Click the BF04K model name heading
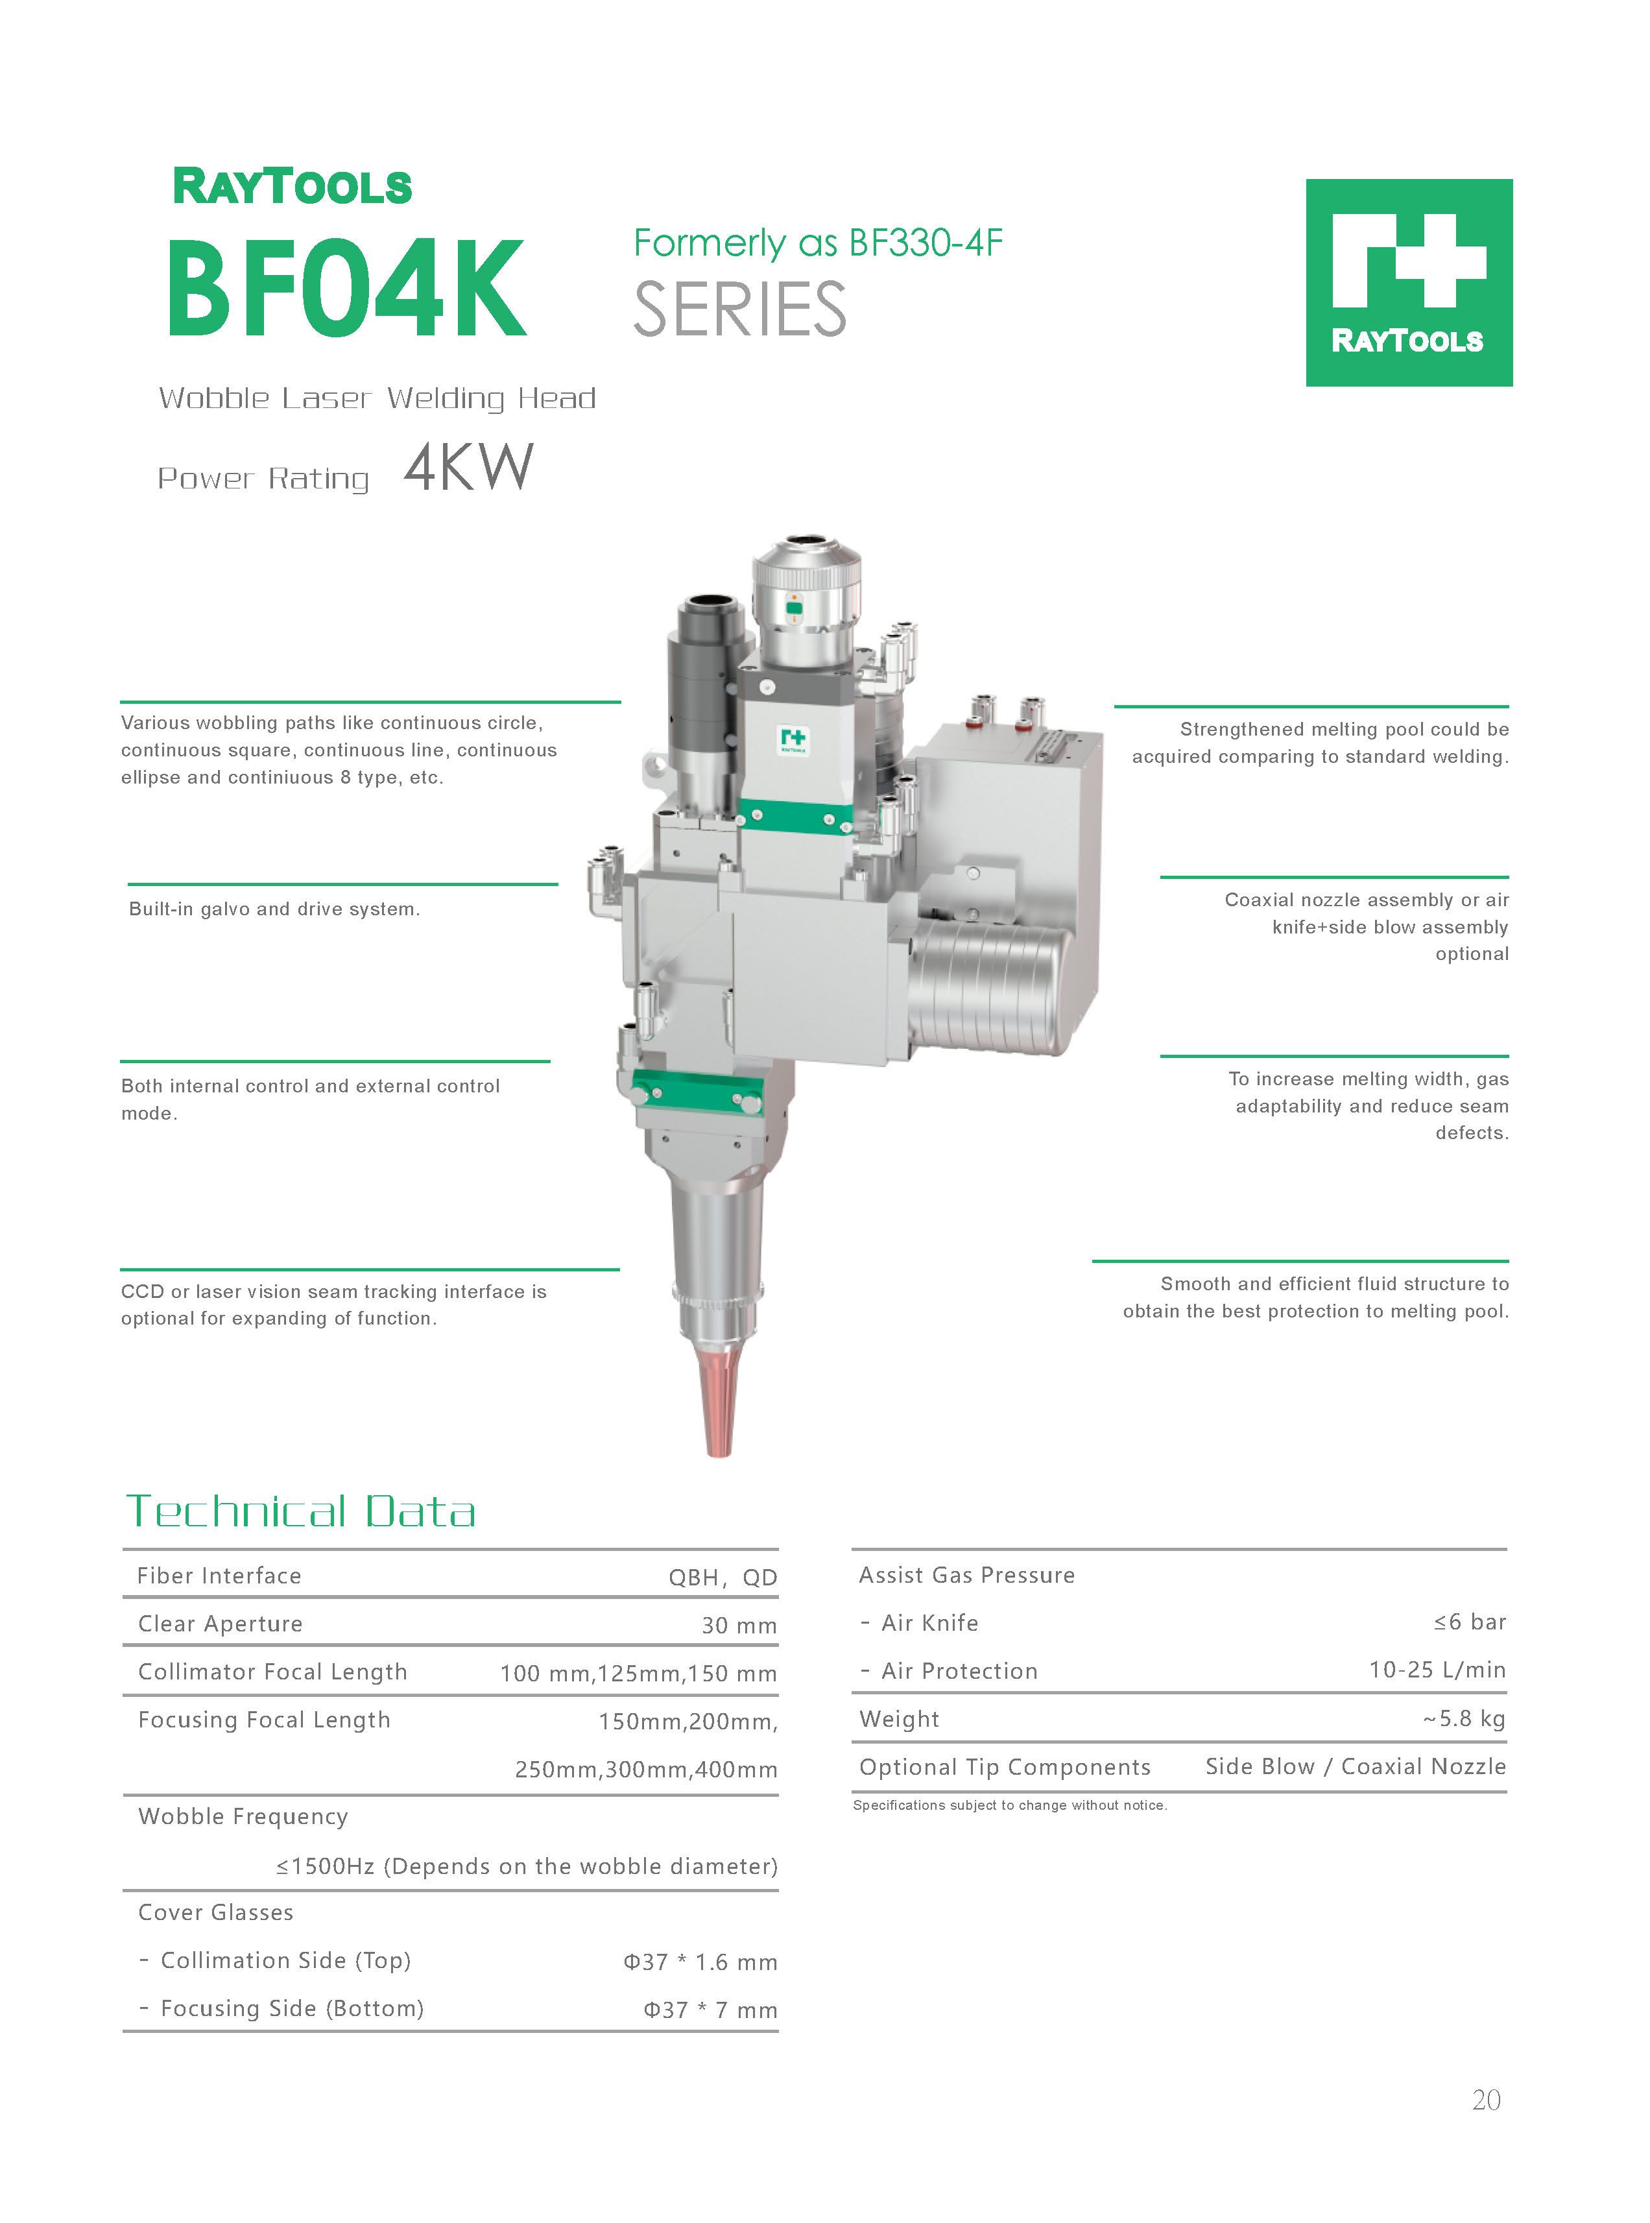tap(346, 289)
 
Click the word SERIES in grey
tap(740, 309)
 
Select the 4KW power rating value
tap(468, 468)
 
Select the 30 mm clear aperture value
tap(739, 1626)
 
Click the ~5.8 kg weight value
tap(1465, 1719)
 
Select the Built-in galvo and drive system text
tap(274, 909)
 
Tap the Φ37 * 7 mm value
tap(710, 2010)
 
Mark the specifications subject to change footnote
tap(1010, 1805)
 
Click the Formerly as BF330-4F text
tap(818, 243)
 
